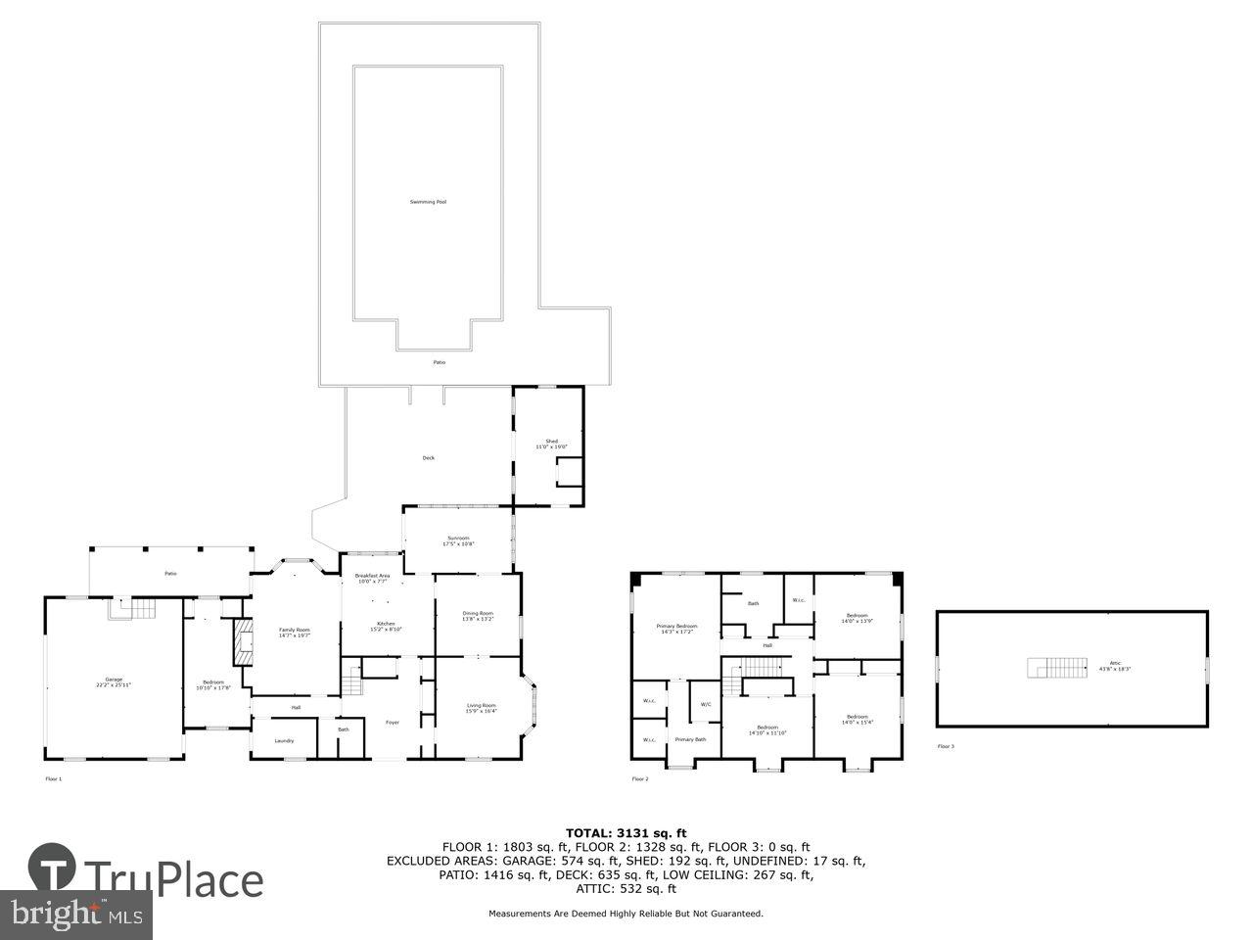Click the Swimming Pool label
[x=428, y=202]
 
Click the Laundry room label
[x=284, y=740]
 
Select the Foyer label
[x=392, y=723]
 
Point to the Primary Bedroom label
[x=676, y=628]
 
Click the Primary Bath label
[x=690, y=739]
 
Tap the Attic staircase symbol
[x=1057, y=668]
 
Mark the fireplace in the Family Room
[x=238, y=641]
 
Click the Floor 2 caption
[x=639, y=779]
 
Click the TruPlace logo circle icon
[x=52, y=867]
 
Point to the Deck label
[x=428, y=457]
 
